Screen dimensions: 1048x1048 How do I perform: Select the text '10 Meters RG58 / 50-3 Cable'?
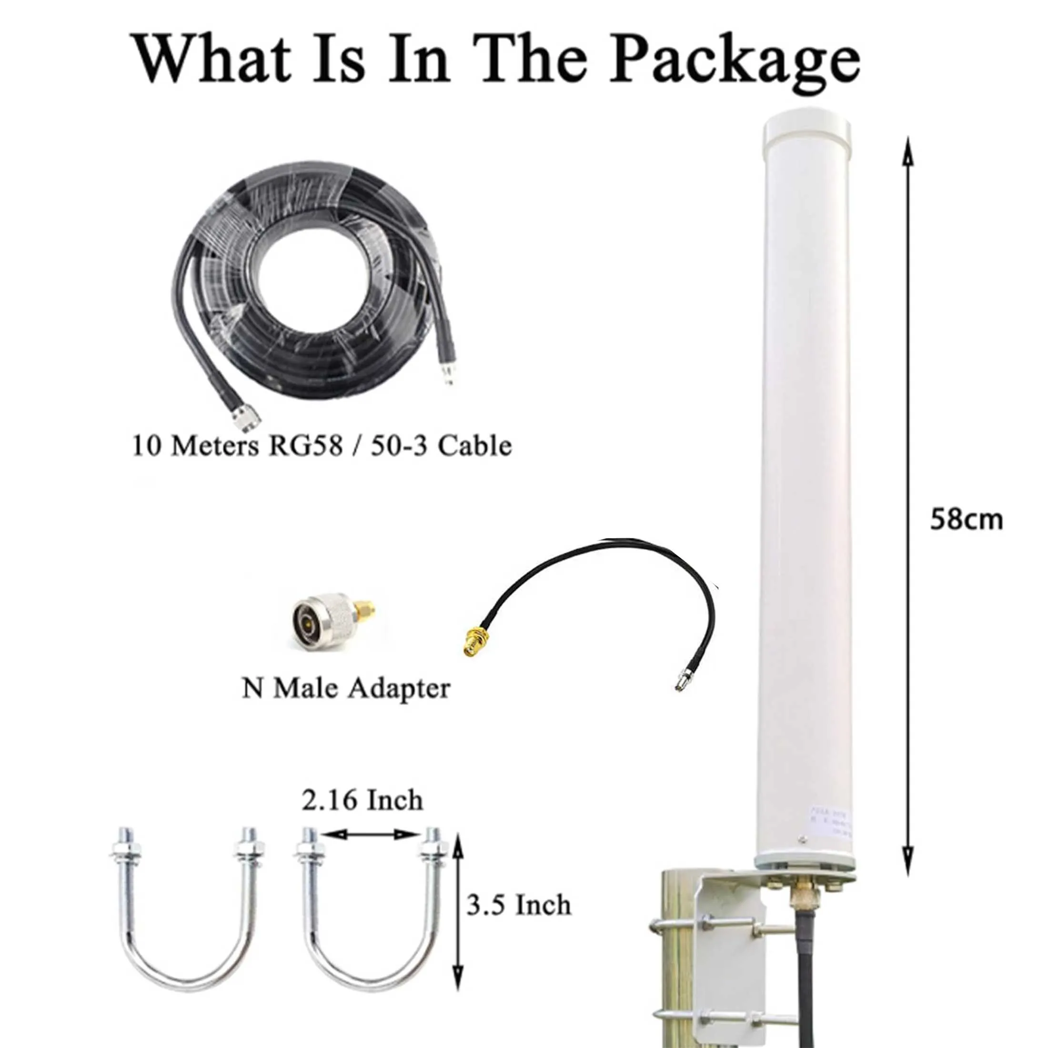[322, 446]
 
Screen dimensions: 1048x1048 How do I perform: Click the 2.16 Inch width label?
[363, 801]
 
